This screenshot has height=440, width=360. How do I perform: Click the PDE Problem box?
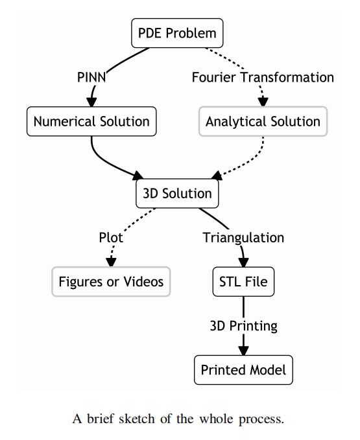tap(177, 33)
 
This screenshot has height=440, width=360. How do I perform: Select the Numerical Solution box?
tap(91, 122)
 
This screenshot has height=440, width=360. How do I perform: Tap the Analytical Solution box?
tap(263, 122)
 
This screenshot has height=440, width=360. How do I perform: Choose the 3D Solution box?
tap(177, 194)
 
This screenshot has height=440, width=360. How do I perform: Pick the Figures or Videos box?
tap(111, 282)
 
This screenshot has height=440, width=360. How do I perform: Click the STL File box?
tap(243, 282)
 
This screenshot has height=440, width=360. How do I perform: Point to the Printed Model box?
tap(243, 370)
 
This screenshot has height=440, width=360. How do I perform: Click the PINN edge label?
tap(91, 77)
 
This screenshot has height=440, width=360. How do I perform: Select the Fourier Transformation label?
tap(263, 77)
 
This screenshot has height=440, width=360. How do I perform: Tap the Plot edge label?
tap(111, 238)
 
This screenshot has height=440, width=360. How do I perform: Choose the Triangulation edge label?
tap(243, 238)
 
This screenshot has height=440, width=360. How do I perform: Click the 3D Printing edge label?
tap(243, 326)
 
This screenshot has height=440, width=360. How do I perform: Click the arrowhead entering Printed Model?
tap(243, 351)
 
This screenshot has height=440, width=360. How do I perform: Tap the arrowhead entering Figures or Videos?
tap(111, 262)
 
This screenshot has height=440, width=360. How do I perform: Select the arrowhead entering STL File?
tap(243, 262)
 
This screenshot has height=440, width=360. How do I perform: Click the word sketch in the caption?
tap(137, 419)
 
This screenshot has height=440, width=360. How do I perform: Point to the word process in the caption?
tap(261, 420)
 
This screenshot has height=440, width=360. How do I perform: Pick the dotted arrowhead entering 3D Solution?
tap(217, 176)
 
